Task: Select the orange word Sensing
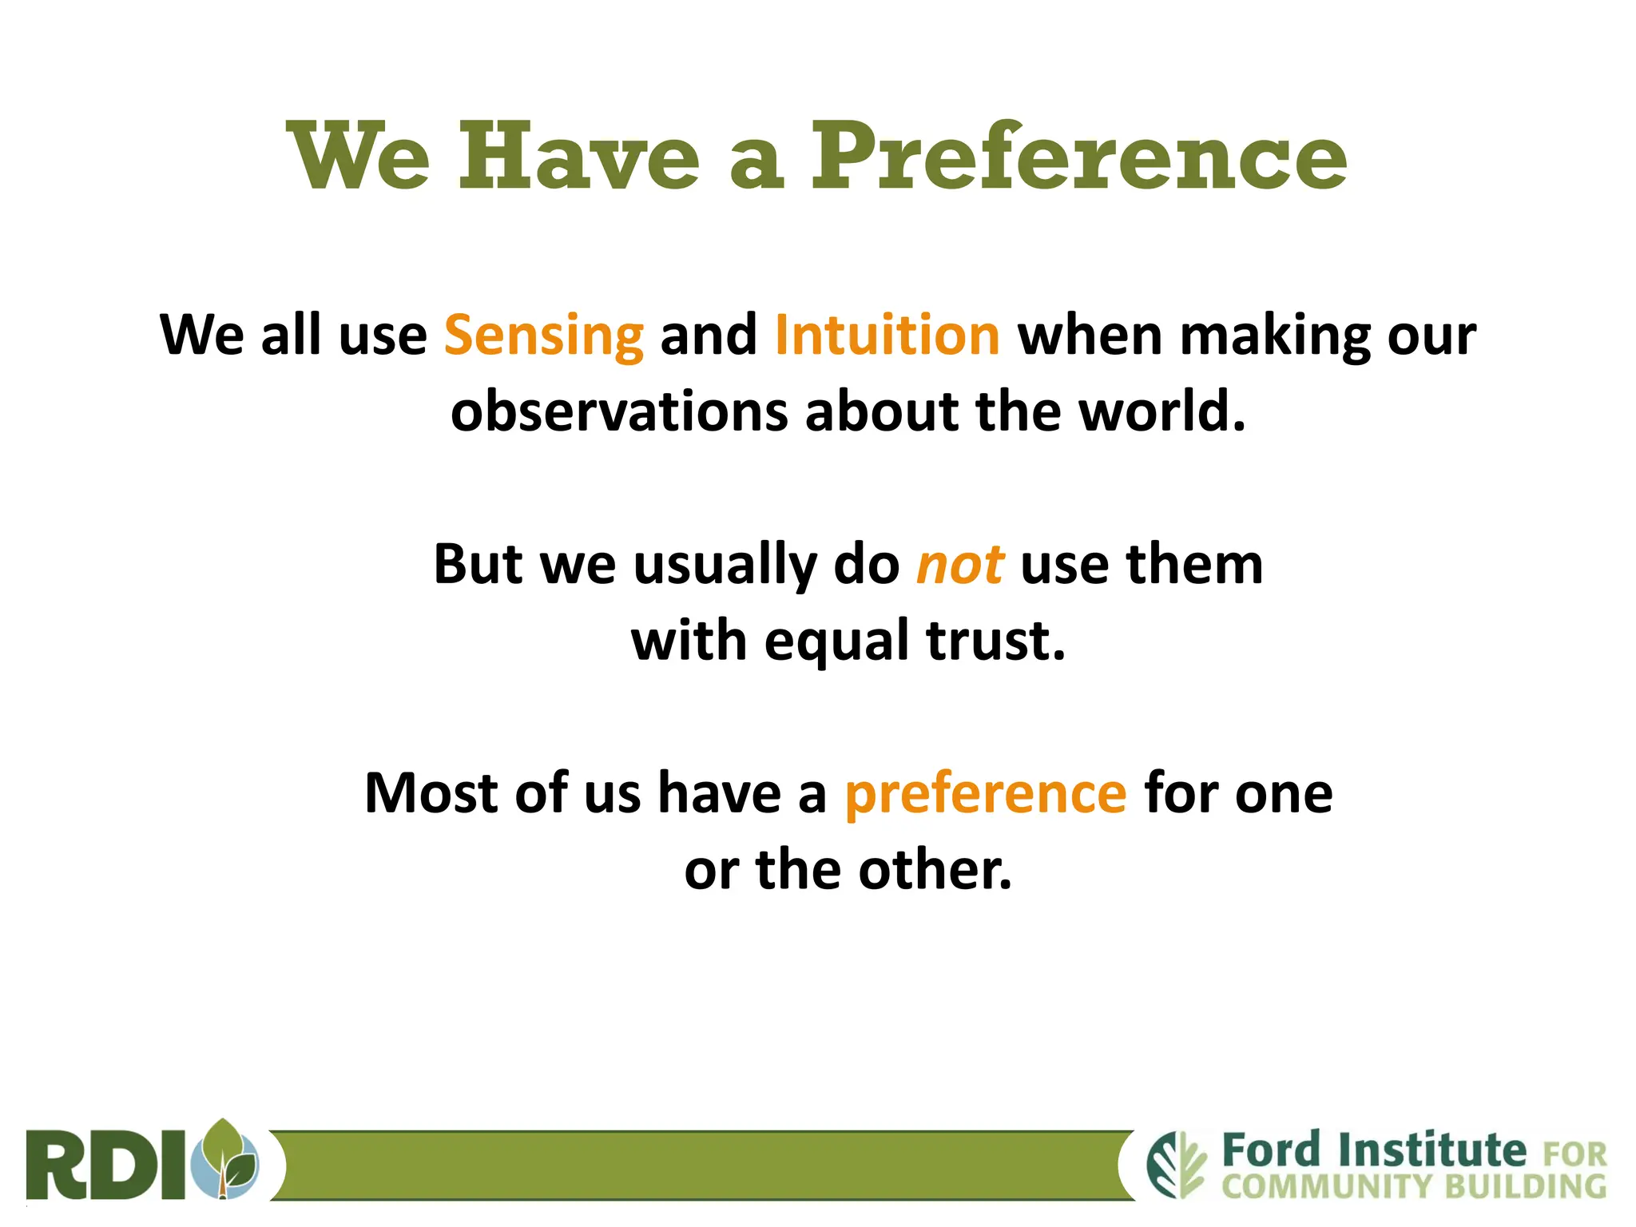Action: [x=543, y=336]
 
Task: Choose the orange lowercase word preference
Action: [x=985, y=795]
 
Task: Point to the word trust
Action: [x=995, y=641]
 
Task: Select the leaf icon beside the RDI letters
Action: [x=228, y=1158]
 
